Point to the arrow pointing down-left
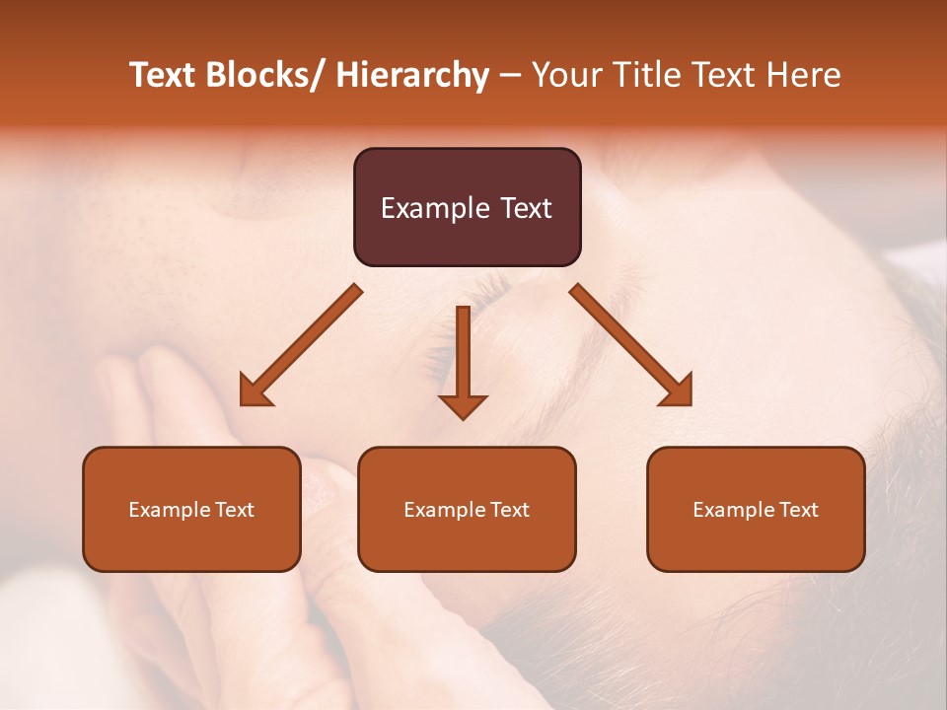coord(301,345)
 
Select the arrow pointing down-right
coord(631,345)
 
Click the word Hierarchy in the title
coord(412,75)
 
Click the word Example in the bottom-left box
coord(167,510)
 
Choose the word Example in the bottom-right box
coord(731,510)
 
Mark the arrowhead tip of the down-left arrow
coord(243,403)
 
